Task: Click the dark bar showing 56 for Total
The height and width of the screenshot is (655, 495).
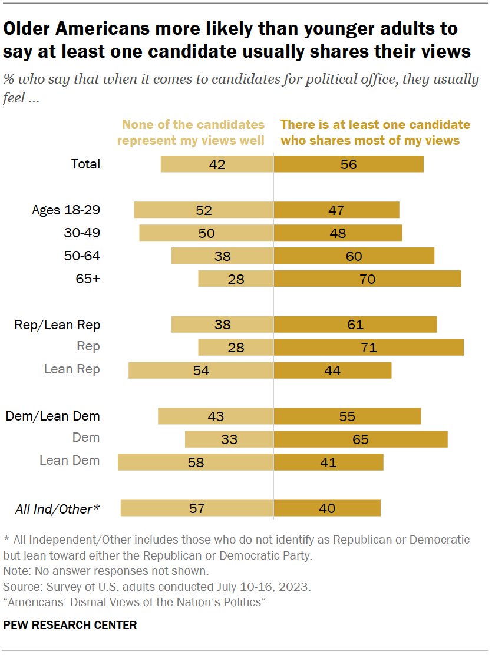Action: click(348, 164)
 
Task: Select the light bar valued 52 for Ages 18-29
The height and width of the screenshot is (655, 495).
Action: click(203, 210)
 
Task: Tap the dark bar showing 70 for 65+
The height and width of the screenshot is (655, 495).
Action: click(367, 279)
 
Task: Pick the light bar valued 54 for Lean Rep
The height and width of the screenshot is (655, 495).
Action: click(200, 370)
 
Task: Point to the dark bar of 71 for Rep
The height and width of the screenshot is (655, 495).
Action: click(368, 347)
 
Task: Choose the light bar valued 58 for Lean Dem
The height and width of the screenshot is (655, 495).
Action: click(195, 462)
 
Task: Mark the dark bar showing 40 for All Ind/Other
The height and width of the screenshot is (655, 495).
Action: click(327, 508)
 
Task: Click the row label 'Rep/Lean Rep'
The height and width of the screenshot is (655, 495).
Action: click(57, 325)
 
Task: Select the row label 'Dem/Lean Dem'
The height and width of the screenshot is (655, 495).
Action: click(53, 416)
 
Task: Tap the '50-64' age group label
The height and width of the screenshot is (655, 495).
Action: click(82, 256)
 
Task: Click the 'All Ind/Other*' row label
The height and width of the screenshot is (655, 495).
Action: click(57, 508)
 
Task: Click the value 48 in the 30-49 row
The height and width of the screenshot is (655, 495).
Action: click(338, 233)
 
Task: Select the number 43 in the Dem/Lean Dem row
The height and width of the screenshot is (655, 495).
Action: click(216, 416)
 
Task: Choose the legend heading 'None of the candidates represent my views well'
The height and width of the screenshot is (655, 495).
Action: click(191, 133)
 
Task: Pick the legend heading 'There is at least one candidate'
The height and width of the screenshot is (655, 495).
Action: click(375, 125)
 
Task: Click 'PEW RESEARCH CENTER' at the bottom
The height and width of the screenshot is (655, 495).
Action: click(70, 626)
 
